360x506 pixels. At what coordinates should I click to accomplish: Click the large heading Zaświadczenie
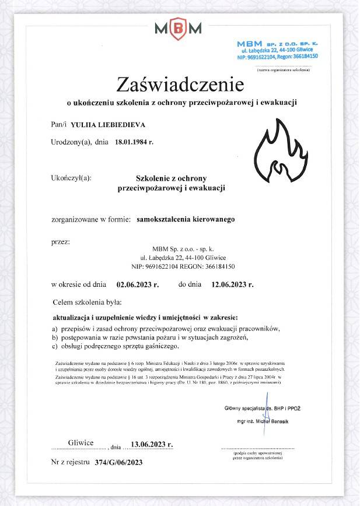180,85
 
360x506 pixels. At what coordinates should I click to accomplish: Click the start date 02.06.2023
138,285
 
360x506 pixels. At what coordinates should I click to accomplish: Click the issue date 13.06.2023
152,444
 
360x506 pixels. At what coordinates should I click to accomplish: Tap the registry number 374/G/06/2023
114,462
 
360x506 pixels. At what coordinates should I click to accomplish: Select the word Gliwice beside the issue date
81,443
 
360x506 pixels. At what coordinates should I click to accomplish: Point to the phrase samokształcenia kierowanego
185,220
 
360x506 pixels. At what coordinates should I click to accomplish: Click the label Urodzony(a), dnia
80,142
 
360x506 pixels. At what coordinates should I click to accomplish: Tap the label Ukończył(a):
71,178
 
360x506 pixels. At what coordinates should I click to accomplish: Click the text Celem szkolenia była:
87,303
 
